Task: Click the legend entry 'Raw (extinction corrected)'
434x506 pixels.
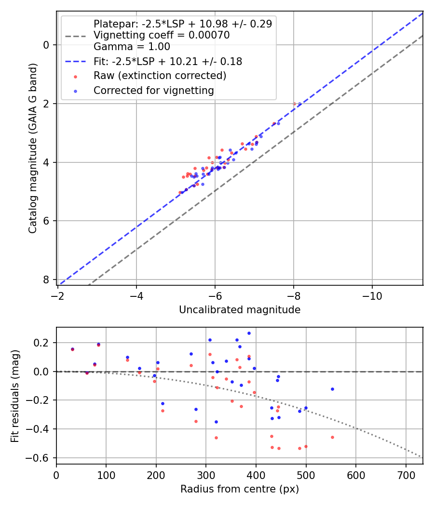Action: click(x=160, y=76)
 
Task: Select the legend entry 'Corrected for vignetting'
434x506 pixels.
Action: click(x=154, y=90)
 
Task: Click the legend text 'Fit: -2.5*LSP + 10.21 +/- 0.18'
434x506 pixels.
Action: click(x=168, y=61)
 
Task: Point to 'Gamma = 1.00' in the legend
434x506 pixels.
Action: click(x=132, y=47)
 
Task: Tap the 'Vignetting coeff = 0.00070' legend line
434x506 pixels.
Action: click(x=162, y=35)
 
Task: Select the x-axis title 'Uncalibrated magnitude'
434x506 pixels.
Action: click(x=240, y=310)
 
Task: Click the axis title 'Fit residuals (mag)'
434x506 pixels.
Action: click(x=15, y=396)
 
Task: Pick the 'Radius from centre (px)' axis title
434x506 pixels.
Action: click(x=240, y=489)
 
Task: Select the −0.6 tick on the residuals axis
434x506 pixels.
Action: click(x=42, y=457)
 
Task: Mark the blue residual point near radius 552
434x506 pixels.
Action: click(x=332, y=389)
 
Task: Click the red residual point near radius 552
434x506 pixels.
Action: click(x=332, y=437)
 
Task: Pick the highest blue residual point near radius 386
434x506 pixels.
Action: click(x=249, y=333)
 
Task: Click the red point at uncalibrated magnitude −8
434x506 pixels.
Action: click(x=294, y=104)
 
